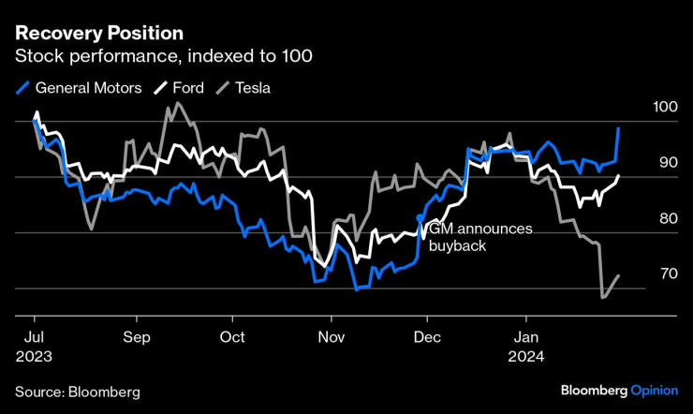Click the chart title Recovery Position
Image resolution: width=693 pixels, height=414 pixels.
click(98, 33)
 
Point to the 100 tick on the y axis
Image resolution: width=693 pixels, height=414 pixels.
click(667, 108)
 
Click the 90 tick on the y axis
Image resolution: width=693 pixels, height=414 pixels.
click(667, 163)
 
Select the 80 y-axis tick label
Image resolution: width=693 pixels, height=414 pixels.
click(667, 218)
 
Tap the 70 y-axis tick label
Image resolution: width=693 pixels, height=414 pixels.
click(667, 274)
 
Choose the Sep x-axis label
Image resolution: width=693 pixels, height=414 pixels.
click(137, 336)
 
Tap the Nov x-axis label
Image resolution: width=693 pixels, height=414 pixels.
click(331, 336)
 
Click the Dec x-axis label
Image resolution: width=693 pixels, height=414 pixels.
click(427, 336)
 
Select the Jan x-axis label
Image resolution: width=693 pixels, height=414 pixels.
click(527, 336)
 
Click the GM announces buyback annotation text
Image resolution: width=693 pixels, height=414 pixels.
click(478, 238)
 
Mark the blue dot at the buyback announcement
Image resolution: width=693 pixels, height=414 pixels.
click(420, 216)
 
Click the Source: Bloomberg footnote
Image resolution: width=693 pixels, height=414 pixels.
click(77, 390)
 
